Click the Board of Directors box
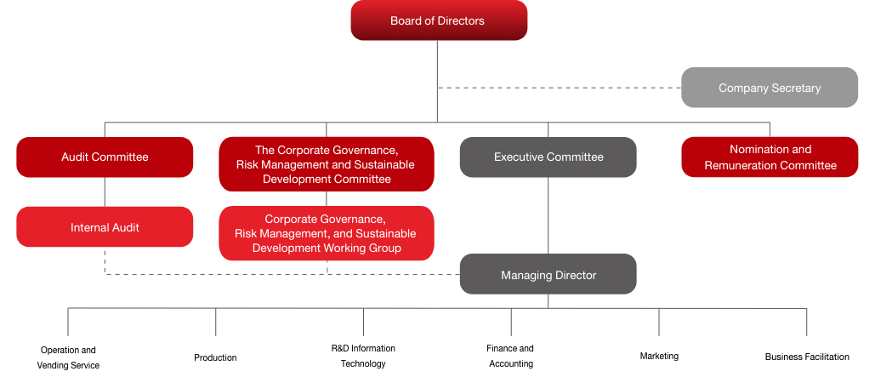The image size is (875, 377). [439, 20]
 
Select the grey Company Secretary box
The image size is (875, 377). [770, 88]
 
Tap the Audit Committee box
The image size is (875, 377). [105, 157]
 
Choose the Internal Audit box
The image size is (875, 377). [105, 227]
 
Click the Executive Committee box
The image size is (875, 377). [548, 157]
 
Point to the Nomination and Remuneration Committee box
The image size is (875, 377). [770, 157]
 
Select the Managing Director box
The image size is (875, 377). [548, 275]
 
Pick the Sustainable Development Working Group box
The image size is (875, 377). [326, 233]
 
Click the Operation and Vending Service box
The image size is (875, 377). [68, 357]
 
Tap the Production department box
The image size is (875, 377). [215, 357]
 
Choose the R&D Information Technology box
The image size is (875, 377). [363, 357]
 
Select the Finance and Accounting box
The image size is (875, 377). [510, 357]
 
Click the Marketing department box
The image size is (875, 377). [658, 357]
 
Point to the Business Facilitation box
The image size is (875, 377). [806, 357]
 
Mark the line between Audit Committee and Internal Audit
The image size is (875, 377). [105, 191]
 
